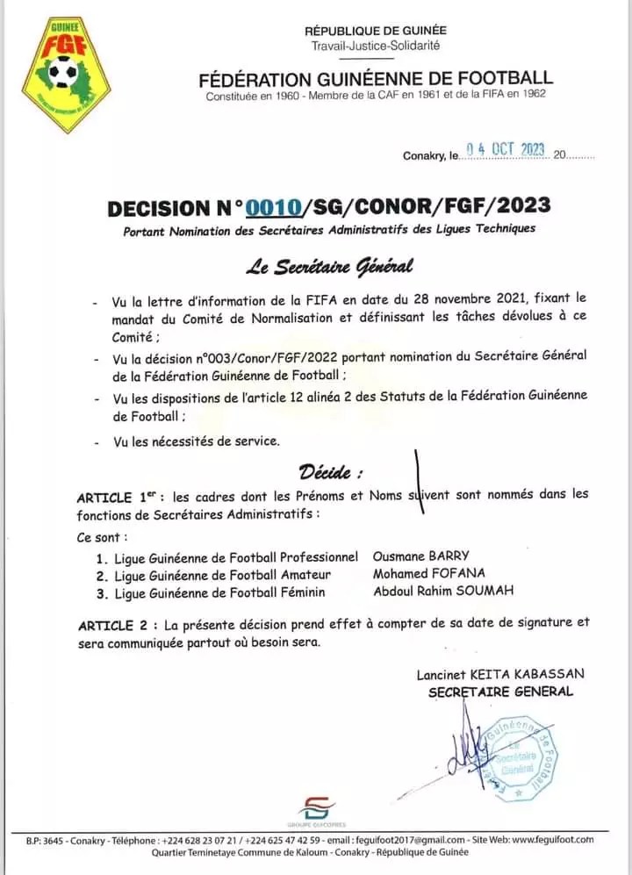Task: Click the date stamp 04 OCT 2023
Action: (x=506, y=150)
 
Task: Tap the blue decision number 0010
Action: (x=273, y=207)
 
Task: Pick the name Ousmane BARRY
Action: (x=421, y=556)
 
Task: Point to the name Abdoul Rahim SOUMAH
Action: (x=443, y=592)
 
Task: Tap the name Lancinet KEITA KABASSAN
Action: (x=500, y=674)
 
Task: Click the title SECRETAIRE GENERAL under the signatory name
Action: (x=500, y=692)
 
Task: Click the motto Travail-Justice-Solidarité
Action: (x=376, y=45)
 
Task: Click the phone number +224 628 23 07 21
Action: (x=203, y=839)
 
